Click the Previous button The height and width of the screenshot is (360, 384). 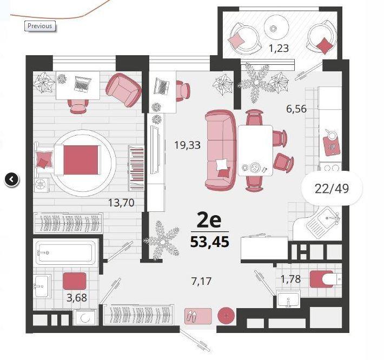(40, 26)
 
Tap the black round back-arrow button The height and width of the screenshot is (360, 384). (11, 179)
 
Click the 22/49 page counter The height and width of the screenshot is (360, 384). (332, 189)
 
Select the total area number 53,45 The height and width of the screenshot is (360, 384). (210, 242)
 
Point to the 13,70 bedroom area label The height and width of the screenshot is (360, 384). (121, 203)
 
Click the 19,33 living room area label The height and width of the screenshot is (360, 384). (187, 145)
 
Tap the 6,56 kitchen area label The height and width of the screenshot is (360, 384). (296, 109)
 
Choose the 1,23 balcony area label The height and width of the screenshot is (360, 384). (279, 49)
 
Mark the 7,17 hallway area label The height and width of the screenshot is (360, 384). (201, 281)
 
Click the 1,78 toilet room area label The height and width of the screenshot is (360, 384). (290, 279)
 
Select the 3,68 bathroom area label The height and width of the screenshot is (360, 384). (77, 298)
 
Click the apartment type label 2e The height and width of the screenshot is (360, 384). (209, 221)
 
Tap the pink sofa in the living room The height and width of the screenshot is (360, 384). (221, 150)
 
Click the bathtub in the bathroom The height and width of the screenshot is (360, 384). (66, 252)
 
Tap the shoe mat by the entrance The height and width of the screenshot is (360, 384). (198, 316)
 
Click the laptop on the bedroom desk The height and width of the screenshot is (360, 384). (83, 84)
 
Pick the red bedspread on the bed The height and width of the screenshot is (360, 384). (81, 160)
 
